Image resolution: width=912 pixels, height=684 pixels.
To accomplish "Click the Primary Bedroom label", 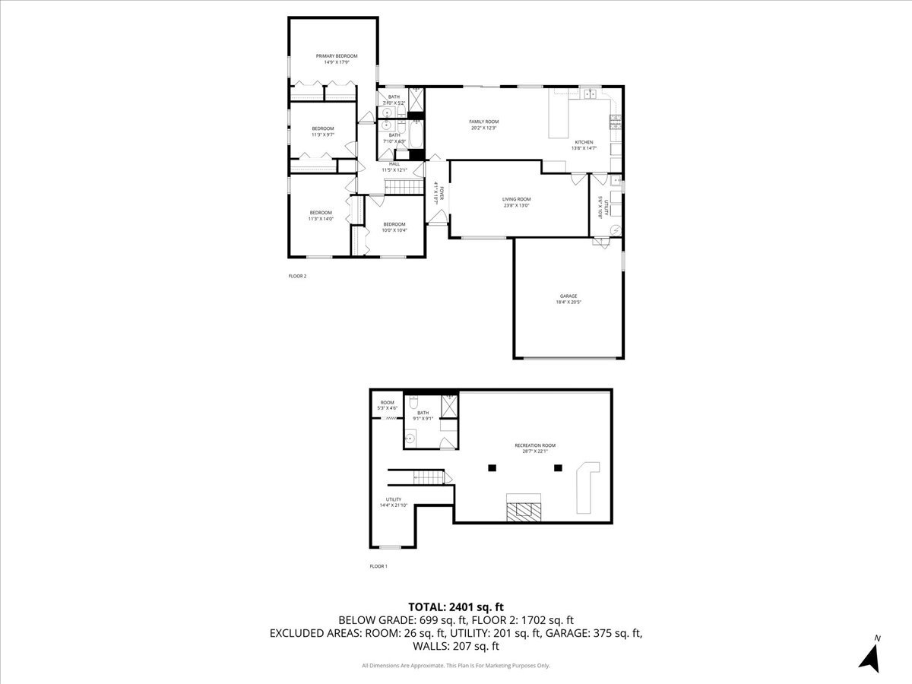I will click(x=337, y=56).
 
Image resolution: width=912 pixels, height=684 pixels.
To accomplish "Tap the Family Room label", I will click(x=483, y=122).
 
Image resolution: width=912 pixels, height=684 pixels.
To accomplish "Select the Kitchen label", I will click(x=584, y=142).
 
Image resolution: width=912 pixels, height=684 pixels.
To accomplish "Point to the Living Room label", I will click(x=516, y=199).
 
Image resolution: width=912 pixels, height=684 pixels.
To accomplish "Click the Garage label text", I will click(x=568, y=296).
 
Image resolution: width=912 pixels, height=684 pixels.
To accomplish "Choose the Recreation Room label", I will click(x=535, y=445).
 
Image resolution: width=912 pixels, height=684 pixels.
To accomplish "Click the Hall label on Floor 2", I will click(x=394, y=163).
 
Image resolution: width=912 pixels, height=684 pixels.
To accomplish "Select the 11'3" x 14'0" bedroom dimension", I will click(x=320, y=219).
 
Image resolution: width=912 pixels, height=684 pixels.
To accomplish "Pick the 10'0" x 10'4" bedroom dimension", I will click(x=394, y=230).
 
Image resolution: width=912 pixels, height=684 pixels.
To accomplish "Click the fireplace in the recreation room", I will click(x=524, y=508).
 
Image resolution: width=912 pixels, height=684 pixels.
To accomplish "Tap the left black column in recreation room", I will click(x=492, y=467).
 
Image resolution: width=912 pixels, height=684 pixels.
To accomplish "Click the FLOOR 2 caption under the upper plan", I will click(x=297, y=276).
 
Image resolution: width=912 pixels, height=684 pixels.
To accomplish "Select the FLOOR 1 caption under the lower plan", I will click(x=378, y=566).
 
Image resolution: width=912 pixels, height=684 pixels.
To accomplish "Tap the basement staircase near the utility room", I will click(x=427, y=477).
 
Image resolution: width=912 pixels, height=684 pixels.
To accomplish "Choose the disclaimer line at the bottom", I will click(x=456, y=666).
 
